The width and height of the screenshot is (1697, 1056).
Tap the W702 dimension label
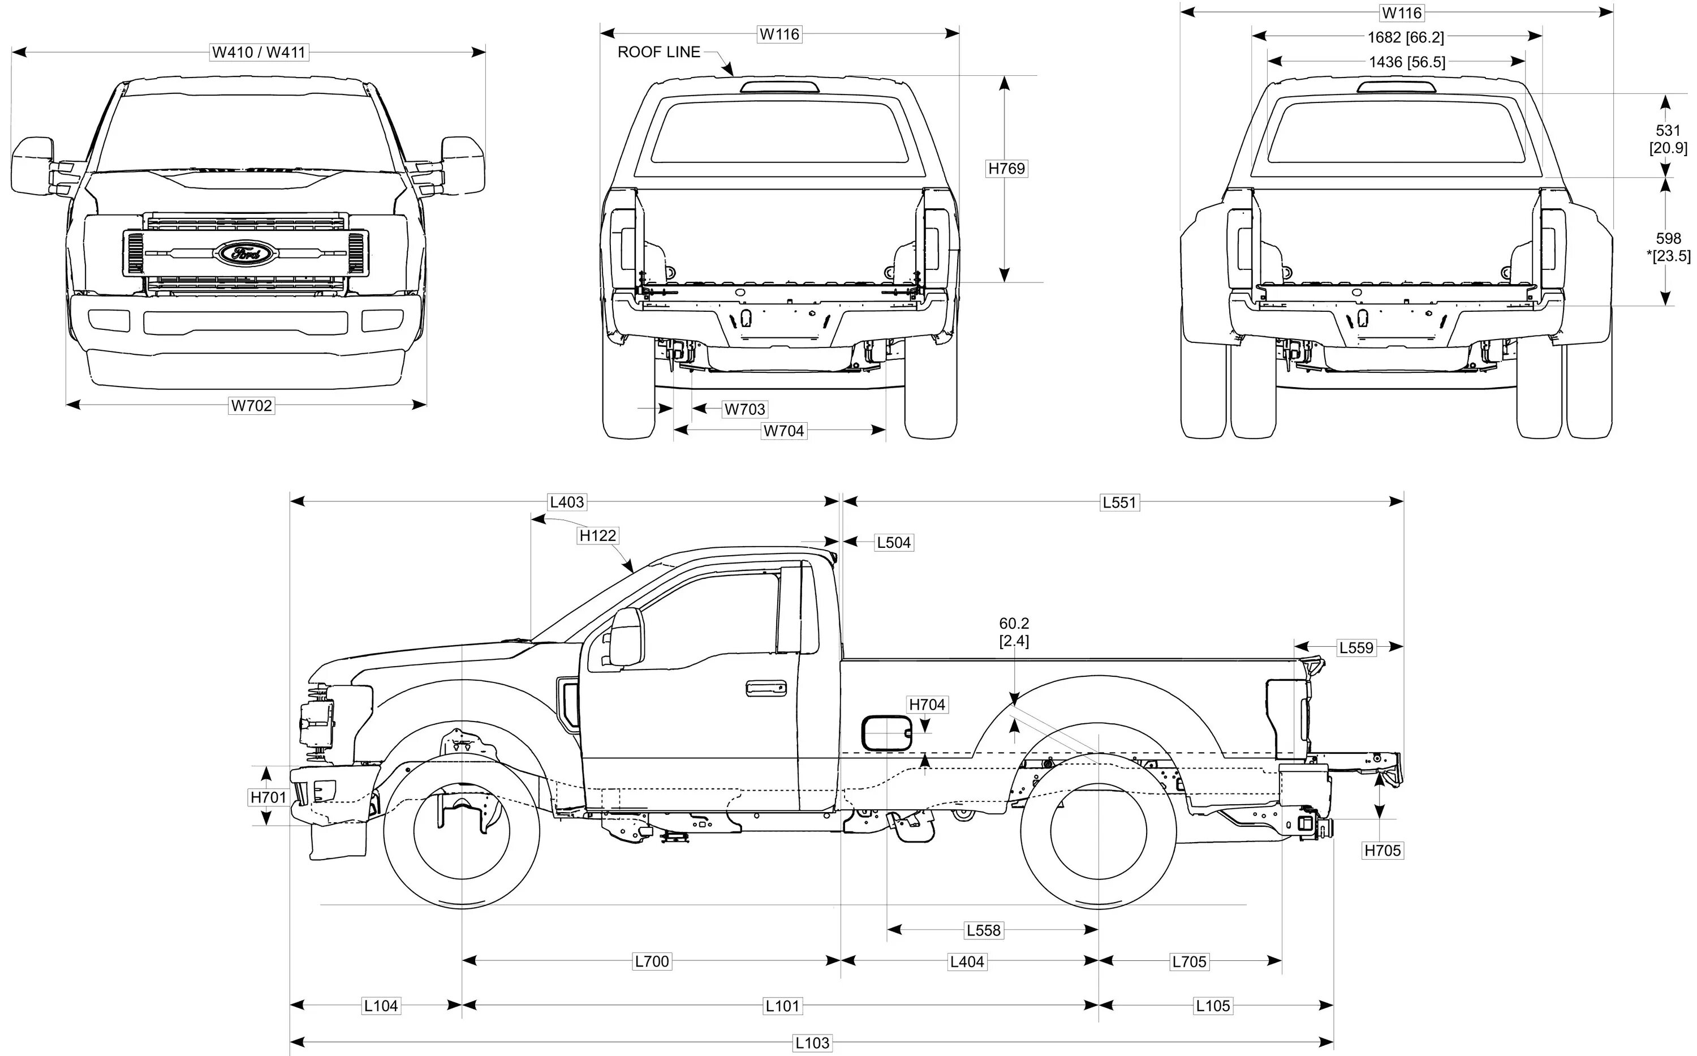click(251, 405)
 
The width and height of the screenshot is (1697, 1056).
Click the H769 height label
click(1006, 168)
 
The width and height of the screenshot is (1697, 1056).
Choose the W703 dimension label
click(744, 409)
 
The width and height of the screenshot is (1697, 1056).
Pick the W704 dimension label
click(783, 431)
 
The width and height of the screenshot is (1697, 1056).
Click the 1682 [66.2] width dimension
click(1405, 37)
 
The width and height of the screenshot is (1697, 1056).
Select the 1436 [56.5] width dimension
click(1407, 62)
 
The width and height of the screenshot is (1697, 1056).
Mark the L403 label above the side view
click(566, 502)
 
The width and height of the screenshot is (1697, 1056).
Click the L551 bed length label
click(1119, 502)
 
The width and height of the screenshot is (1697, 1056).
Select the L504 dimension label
click(894, 543)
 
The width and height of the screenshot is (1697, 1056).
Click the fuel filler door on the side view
click(886, 733)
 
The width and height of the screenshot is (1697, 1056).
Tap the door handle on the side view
click(766, 688)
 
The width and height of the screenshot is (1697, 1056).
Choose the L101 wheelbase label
click(782, 1006)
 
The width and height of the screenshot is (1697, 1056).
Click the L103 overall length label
click(812, 1044)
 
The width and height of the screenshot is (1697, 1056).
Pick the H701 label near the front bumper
click(269, 797)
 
